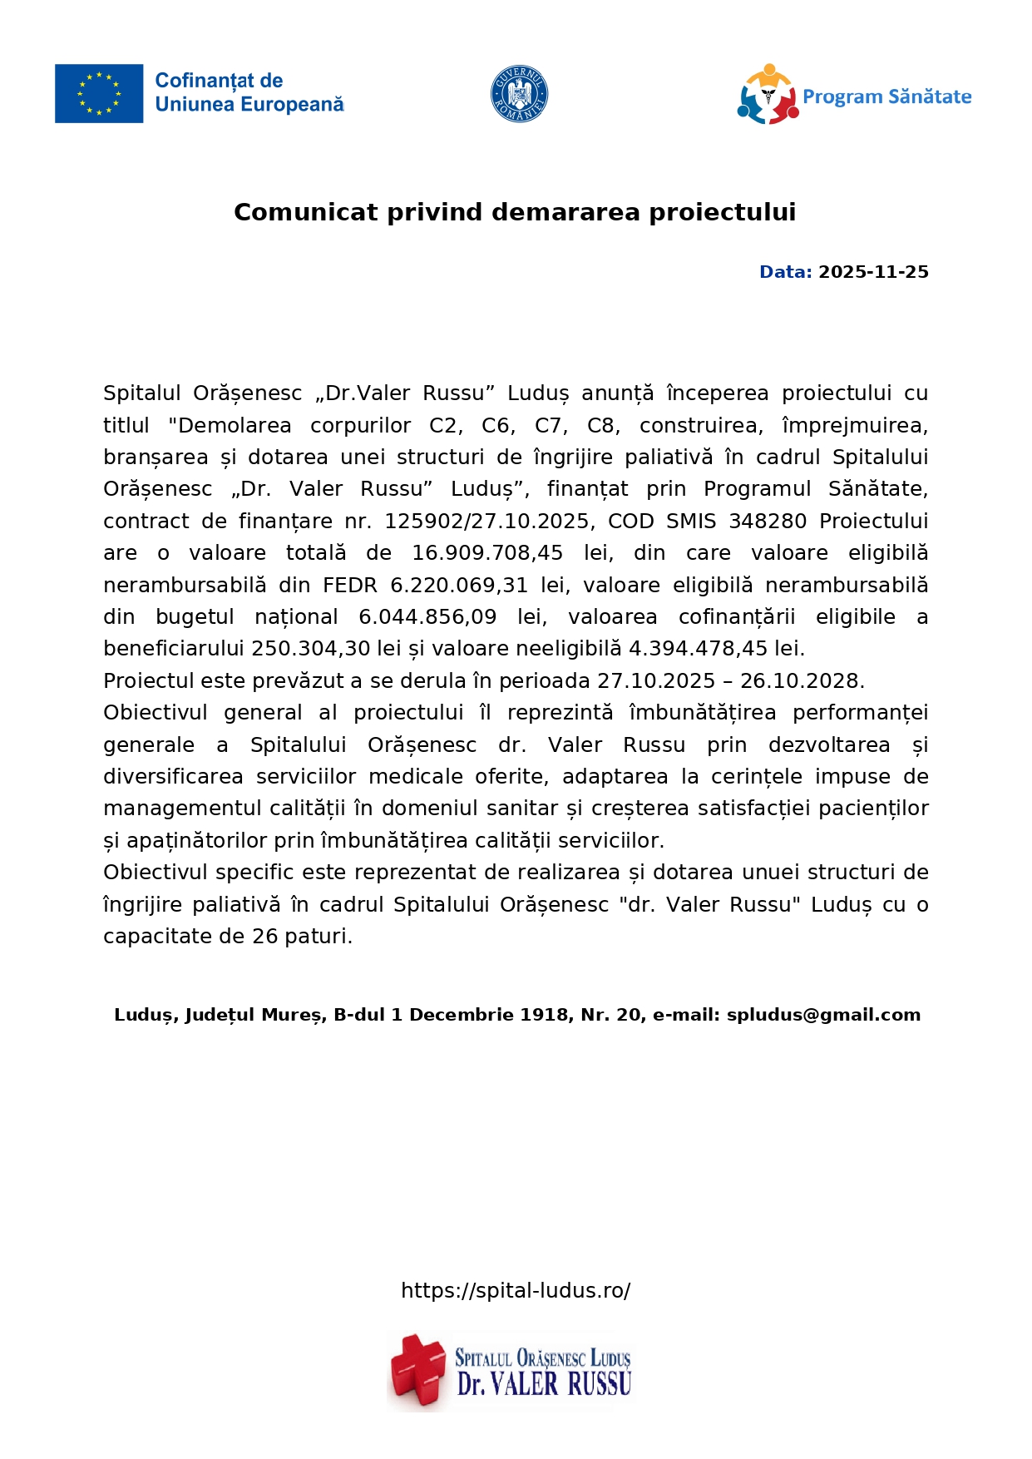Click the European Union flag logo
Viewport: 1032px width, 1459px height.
pyautogui.click(x=99, y=94)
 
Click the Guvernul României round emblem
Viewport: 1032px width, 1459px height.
pyautogui.click(x=519, y=94)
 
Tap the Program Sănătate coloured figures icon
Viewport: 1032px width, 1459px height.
pyautogui.click(x=767, y=95)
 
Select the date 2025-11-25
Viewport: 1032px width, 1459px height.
pyautogui.click(x=873, y=272)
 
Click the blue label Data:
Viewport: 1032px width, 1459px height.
pyautogui.click(x=785, y=272)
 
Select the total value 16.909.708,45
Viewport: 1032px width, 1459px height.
pyautogui.click(x=487, y=553)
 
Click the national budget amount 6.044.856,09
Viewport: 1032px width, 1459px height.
pyautogui.click(x=427, y=617)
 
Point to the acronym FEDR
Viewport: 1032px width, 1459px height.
pyautogui.click(x=350, y=586)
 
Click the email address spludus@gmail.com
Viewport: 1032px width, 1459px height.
pyautogui.click(x=823, y=1015)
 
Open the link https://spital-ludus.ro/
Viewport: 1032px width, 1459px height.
pyautogui.click(x=516, y=1290)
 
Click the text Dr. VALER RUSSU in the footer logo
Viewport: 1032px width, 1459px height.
pyautogui.click(x=544, y=1384)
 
